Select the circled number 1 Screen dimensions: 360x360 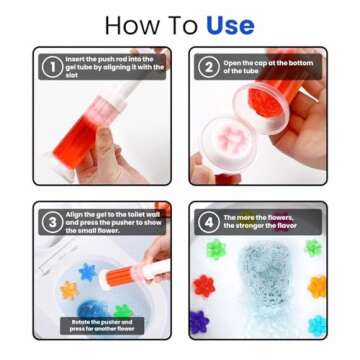point(51,67)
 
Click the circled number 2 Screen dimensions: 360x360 point(208,67)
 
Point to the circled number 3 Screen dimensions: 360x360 point(51,222)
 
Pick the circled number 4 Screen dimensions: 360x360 point(208,222)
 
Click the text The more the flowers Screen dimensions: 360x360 point(259,222)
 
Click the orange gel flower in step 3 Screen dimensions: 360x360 point(68,289)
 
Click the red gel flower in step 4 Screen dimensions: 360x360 point(204,286)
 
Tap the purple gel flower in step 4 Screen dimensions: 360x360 point(200,321)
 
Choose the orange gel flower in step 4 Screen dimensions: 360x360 point(317,288)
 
